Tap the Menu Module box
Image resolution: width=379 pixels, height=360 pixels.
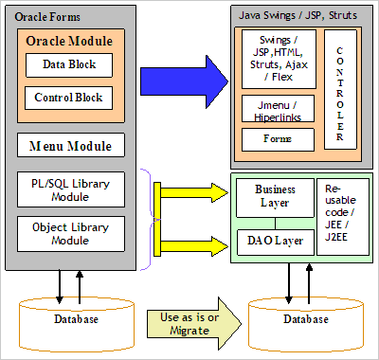pos(70,146)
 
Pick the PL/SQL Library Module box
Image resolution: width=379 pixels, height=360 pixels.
pos(70,189)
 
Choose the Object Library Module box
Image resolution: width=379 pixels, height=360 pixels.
pos(70,234)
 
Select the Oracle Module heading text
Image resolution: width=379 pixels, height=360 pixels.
pos(69,41)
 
